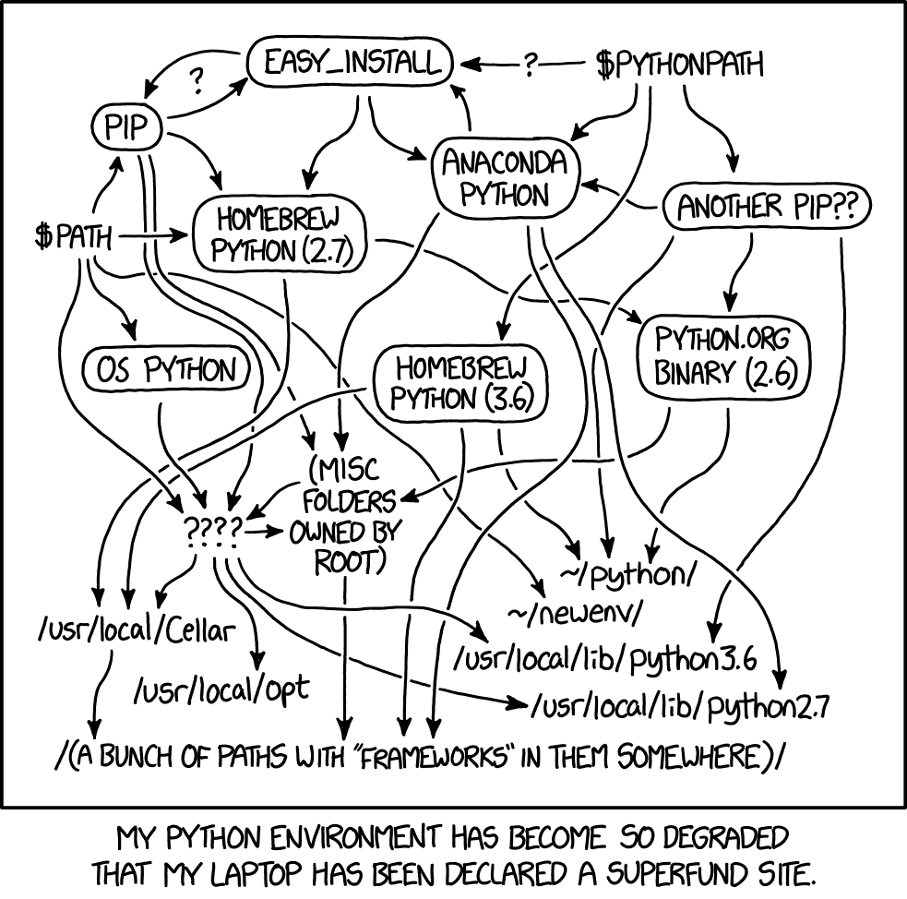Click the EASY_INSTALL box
coord(351,64)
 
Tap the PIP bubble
coord(127,128)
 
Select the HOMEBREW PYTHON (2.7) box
coord(278,235)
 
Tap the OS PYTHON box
coord(167,370)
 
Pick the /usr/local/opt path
coord(222,689)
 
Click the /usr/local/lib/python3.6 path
coord(605,659)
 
